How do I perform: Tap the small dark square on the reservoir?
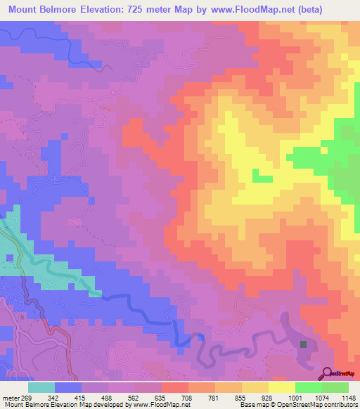[x=303, y=344]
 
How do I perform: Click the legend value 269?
[x=27, y=397]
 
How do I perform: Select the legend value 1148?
[x=347, y=397]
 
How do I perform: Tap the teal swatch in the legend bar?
[x=41, y=387]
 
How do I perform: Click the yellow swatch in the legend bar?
[x=281, y=387]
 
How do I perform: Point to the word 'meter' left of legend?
[x=9, y=397]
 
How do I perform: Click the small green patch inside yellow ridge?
[x=261, y=176]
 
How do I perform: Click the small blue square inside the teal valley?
[x=10, y=258]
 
